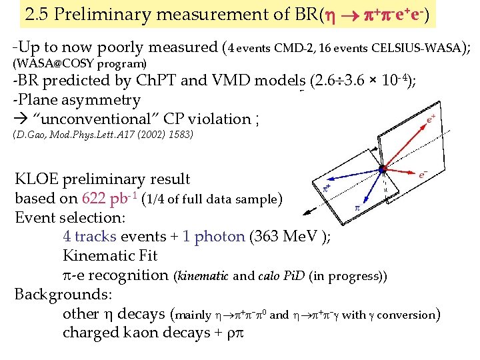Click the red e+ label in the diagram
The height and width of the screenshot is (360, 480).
[432, 119]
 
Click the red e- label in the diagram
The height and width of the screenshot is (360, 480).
[423, 175]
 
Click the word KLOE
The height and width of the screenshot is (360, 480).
[37, 179]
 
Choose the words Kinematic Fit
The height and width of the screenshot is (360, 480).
[110, 255]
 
